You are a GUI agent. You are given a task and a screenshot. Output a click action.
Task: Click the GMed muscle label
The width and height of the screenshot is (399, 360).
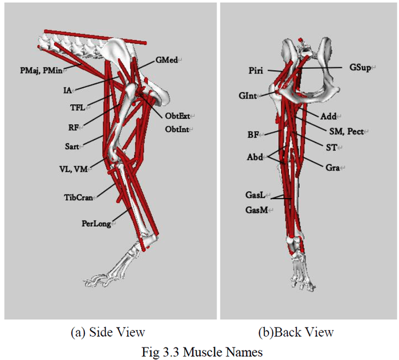pos(166,60)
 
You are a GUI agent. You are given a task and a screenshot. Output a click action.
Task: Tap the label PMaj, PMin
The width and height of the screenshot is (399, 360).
pos(41,70)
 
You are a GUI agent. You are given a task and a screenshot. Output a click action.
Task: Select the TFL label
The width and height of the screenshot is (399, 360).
pos(78,108)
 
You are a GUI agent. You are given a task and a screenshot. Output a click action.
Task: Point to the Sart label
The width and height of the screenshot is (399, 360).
pos(72,146)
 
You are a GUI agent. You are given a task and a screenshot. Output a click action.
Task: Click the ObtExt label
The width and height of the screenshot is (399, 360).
pos(178,116)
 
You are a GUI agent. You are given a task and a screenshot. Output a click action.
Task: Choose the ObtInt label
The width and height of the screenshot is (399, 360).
pos(177,129)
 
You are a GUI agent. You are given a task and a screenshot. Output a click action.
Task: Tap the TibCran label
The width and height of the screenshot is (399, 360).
pos(79,197)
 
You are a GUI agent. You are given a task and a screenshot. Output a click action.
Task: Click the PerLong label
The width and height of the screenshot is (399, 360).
pos(96,224)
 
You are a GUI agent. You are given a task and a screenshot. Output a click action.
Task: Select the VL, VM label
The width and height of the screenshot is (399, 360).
pos(74,169)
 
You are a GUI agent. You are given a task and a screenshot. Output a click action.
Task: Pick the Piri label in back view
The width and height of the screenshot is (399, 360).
pos(256,71)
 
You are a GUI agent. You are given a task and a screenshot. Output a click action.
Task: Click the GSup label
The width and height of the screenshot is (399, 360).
pos(360,67)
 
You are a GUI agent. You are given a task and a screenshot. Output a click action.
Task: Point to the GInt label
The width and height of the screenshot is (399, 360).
pos(247,96)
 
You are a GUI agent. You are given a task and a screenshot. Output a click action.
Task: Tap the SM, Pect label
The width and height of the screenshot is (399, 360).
pos(347,131)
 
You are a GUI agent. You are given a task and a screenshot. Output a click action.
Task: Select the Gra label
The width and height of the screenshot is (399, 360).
pos(332,168)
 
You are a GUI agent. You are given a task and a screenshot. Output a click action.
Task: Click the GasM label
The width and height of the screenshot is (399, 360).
pos(256,210)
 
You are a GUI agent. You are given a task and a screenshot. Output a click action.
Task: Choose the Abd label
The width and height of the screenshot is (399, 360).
pos(255,157)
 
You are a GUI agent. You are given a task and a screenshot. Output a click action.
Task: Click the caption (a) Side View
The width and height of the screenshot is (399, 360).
pos(108,332)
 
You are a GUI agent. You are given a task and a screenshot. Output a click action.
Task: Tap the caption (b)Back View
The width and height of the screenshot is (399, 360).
pos(296,332)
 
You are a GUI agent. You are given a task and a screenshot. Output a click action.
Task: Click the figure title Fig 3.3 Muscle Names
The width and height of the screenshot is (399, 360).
pos(202,352)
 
